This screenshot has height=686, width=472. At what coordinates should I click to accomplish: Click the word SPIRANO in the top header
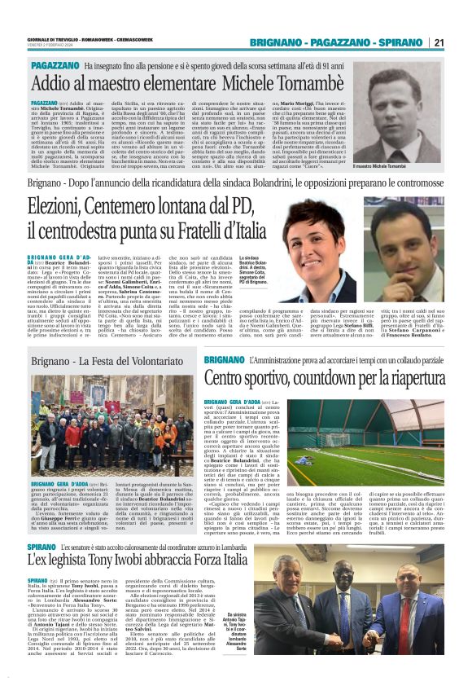point(399,42)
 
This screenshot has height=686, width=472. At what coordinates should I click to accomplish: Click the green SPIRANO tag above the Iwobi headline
point(42,543)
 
